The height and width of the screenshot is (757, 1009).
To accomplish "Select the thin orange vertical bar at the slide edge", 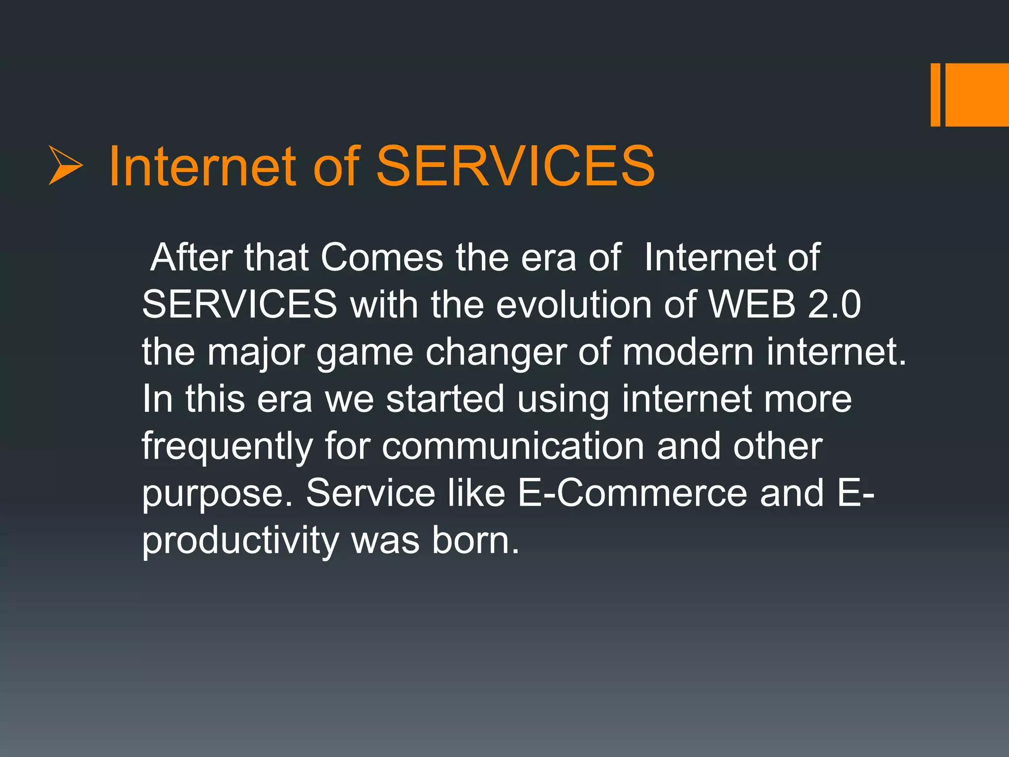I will [935, 95].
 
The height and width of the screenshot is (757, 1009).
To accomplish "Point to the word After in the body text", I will [192, 257].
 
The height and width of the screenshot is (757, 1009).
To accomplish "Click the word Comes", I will [382, 257].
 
